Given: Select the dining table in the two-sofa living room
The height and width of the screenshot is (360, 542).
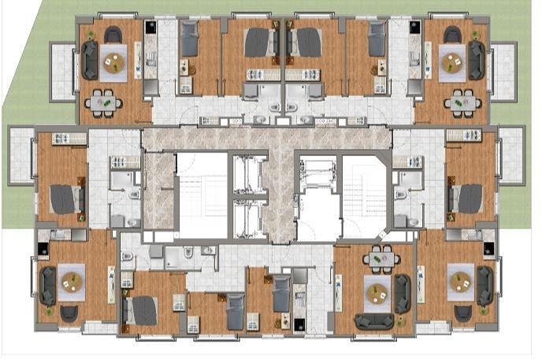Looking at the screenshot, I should [x=384, y=258].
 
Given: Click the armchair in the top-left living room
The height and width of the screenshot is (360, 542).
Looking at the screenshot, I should [x=113, y=35].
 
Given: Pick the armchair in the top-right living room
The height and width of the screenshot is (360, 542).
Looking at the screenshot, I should [x=453, y=35].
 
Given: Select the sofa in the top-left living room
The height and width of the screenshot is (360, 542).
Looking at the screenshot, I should [x=89, y=61].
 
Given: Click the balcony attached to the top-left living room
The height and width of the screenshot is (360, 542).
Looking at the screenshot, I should [x=61, y=70].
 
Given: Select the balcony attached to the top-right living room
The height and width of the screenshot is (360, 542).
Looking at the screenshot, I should [x=503, y=70].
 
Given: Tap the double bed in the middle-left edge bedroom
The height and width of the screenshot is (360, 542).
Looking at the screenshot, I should [x=65, y=198].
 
